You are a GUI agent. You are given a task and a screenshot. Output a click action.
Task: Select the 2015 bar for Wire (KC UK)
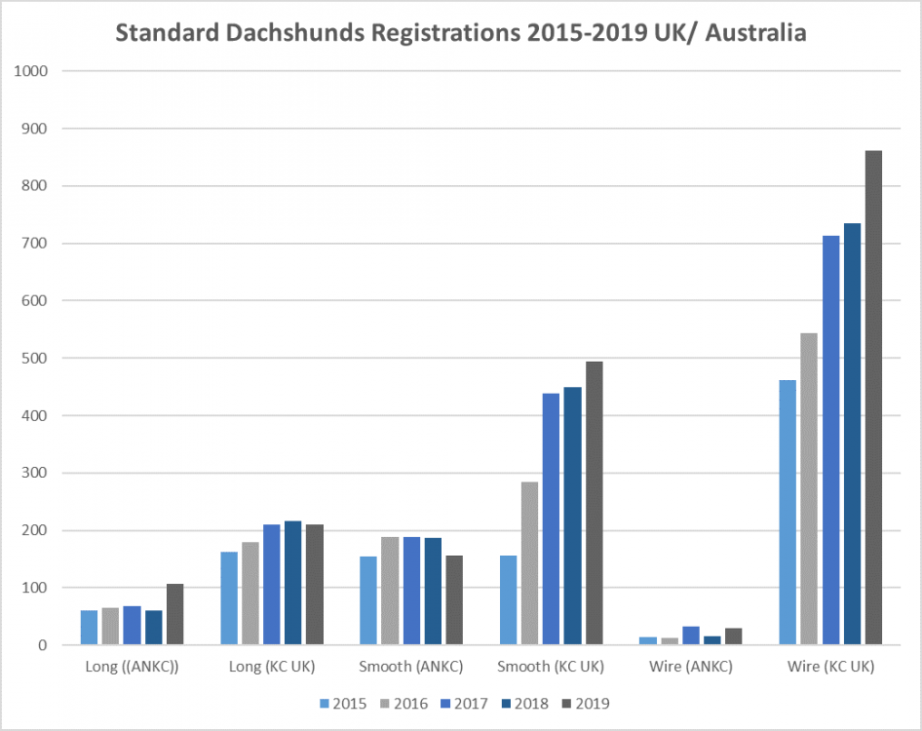pyautogui.click(x=788, y=513)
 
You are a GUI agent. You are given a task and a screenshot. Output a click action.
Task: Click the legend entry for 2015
pyautogui.click(x=343, y=703)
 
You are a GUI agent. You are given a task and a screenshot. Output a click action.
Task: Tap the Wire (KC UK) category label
pyautogui.click(x=830, y=668)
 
